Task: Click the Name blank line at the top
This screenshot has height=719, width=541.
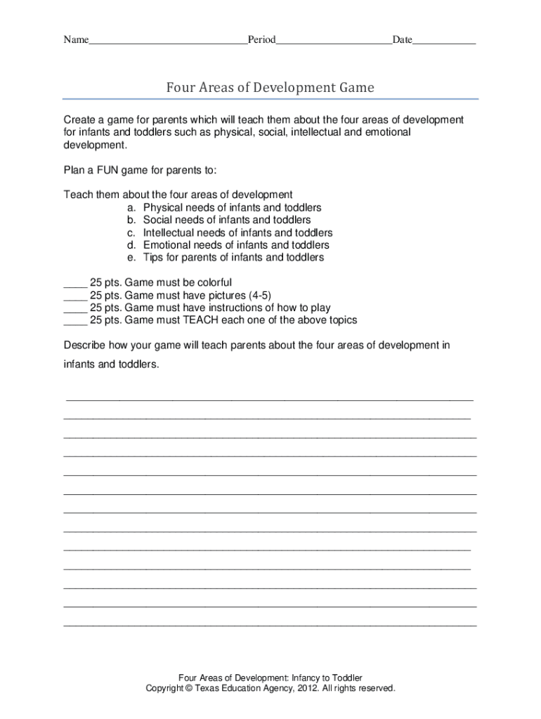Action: point(167,41)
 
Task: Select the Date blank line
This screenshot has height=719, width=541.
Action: point(444,41)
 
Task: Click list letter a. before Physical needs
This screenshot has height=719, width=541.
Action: point(132,208)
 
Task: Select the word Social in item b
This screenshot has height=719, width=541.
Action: point(159,220)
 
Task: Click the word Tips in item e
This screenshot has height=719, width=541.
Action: point(153,258)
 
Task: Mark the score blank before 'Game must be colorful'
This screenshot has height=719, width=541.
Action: point(74,284)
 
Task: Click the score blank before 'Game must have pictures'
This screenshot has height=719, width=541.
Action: point(74,296)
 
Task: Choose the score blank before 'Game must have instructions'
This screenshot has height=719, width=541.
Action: point(74,308)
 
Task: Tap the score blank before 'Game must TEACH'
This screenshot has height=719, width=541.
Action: point(74,321)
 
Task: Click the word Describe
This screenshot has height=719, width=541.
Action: point(85,345)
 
